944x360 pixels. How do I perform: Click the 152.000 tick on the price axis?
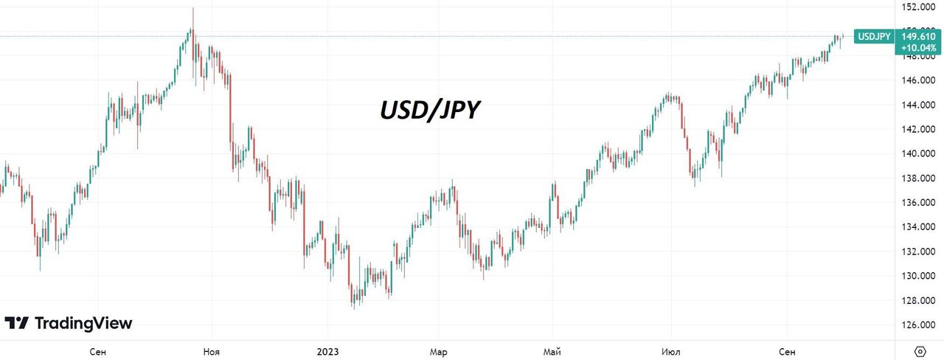click(x=918, y=7)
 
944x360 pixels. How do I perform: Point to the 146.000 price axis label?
click(x=918, y=80)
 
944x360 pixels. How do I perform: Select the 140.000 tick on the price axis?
click(x=918, y=153)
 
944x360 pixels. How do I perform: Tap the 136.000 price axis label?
click(x=918, y=203)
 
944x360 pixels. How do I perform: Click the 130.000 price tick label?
click(x=918, y=276)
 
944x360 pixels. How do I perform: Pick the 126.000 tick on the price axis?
click(x=918, y=325)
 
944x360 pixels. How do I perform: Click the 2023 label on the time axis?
click(x=328, y=351)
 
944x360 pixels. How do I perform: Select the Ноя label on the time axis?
click(x=212, y=351)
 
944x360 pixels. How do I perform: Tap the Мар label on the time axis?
click(x=439, y=351)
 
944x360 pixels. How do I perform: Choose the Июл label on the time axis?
click(x=671, y=351)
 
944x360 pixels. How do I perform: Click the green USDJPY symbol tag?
click(x=872, y=36)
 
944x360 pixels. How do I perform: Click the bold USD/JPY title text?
click(x=430, y=111)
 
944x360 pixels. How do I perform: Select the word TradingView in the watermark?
click(x=83, y=323)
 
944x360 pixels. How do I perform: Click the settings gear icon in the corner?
click(x=920, y=350)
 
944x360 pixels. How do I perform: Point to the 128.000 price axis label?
click(x=918, y=300)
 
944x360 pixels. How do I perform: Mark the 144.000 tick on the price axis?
click(x=918, y=105)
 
